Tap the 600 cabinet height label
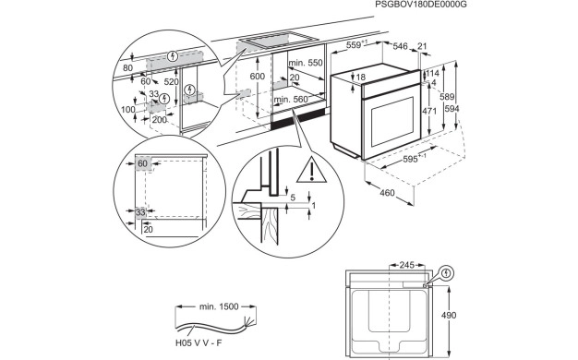click(258, 76)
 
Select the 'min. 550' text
click(304, 62)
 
